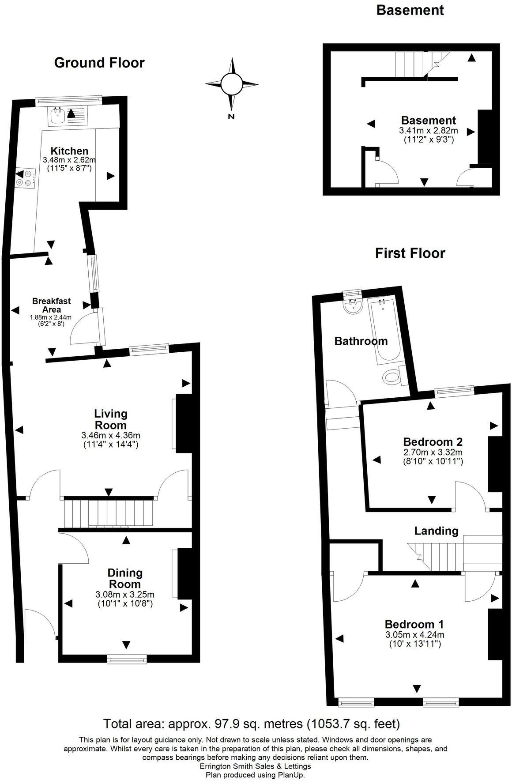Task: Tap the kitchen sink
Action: pos(59,116)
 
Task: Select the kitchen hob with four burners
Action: pos(25,178)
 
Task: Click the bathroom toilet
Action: pos(392,377)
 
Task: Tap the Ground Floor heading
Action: pos(99,63)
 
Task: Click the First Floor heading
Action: pos(410,253)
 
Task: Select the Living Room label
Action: pos(111,419)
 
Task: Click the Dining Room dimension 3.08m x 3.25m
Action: pos(125,594)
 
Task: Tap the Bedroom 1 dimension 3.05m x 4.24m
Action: pos(414,635)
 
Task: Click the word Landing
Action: pos(436,531)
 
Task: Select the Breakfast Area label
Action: pos(51,305)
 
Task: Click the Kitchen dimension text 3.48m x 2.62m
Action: pos(69,160)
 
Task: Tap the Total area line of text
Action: pos(252,724)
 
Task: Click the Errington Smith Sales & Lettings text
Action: pos(256,766)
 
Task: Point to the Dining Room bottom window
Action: pos(127,659)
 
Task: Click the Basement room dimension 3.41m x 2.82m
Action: pos(428,131)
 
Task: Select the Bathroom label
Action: pos(361,341)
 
